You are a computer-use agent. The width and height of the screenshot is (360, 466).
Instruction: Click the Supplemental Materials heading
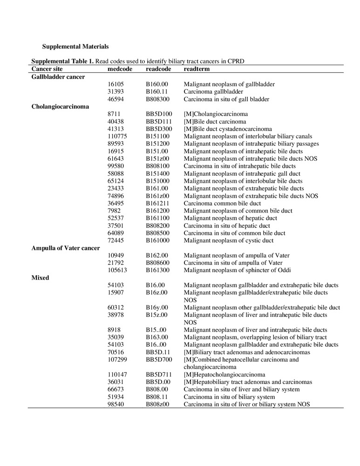(x=75, y=47)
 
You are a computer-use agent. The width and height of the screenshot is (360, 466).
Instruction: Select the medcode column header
(x=120, y=69)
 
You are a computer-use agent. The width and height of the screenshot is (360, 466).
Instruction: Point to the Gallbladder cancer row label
(x=58, y=76)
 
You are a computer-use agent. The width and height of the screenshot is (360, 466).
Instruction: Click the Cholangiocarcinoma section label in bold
(x=60, y=106)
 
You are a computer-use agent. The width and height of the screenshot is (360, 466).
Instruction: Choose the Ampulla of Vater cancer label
(x=66, y=248)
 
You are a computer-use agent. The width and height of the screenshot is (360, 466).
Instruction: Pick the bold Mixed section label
(x=41, y=278)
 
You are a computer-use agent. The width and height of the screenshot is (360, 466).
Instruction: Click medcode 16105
(x=115, y=84)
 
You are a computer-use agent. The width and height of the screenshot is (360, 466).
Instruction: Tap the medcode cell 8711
(x=114, y=114)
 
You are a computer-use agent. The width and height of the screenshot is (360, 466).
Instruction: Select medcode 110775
(x=117, y=136)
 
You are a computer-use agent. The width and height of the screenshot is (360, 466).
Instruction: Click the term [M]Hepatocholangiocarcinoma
(x=224, y=374)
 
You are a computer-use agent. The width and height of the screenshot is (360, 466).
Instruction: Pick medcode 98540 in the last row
(x=115, y=404)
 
